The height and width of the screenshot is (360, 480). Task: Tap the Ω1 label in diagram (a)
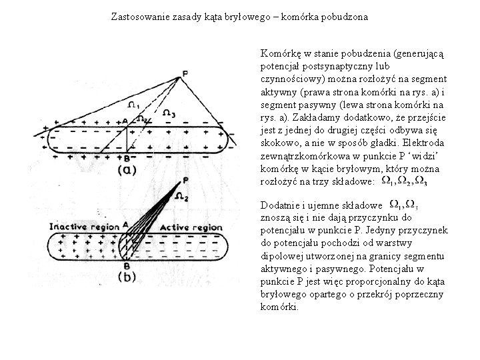click(x=133, y=105)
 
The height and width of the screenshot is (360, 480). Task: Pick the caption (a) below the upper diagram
click(x=127, y=170)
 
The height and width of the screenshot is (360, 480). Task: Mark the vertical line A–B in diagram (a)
click(x=127, y=140)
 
